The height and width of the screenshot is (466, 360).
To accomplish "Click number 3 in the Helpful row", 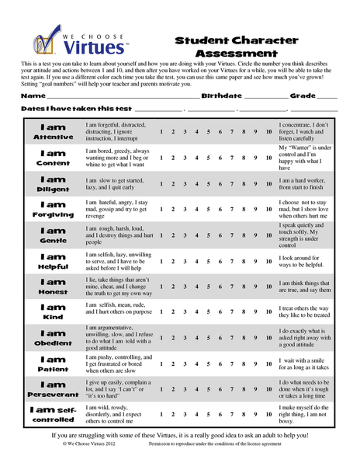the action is pyautogui.click(x=185, y=260).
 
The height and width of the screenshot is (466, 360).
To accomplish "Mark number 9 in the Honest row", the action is pyautogui.click(x=256, y=286).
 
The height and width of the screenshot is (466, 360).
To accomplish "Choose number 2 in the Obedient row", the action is pyautogui.click(x=173, y=337).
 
